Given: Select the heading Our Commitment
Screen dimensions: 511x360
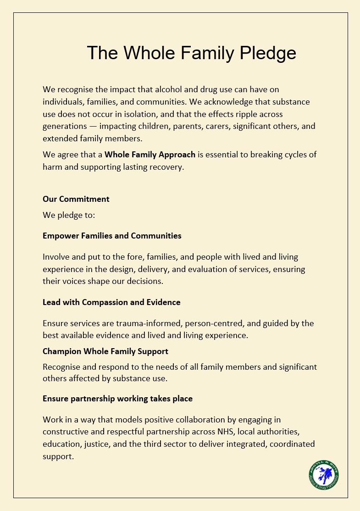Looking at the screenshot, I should pos(76,199).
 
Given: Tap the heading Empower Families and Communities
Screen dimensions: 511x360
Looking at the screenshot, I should pos(112,236).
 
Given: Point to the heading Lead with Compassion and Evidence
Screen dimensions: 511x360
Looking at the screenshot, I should pos(111,302).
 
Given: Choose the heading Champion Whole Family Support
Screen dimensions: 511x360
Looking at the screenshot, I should pos(105,351).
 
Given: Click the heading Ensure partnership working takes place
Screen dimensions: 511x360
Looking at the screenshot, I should pos(117,399).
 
